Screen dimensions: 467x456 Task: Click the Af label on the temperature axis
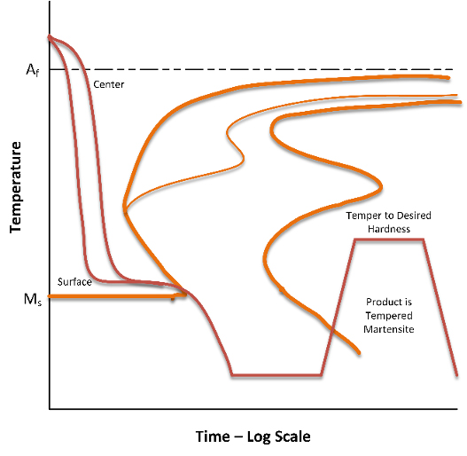point(33,70)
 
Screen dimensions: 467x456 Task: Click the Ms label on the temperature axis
point(33,299)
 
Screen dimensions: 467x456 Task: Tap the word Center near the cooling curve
point(109,84)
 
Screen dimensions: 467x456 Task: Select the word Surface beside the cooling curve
point(74,282)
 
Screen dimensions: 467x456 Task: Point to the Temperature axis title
point(15,187)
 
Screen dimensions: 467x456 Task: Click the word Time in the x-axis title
point(213,436)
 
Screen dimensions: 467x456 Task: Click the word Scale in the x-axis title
point(292,436)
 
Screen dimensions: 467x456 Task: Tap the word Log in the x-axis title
point(259,437)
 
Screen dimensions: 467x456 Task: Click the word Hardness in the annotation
point(389,229)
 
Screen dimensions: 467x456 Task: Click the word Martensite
point(389,329)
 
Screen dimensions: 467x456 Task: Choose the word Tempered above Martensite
point(389,316)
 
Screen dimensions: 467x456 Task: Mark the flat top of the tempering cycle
point(389,240)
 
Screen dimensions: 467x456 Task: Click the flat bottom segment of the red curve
point(276,374)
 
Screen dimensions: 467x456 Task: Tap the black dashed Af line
point(251,69)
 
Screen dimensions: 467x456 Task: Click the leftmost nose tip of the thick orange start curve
point(124,207)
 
